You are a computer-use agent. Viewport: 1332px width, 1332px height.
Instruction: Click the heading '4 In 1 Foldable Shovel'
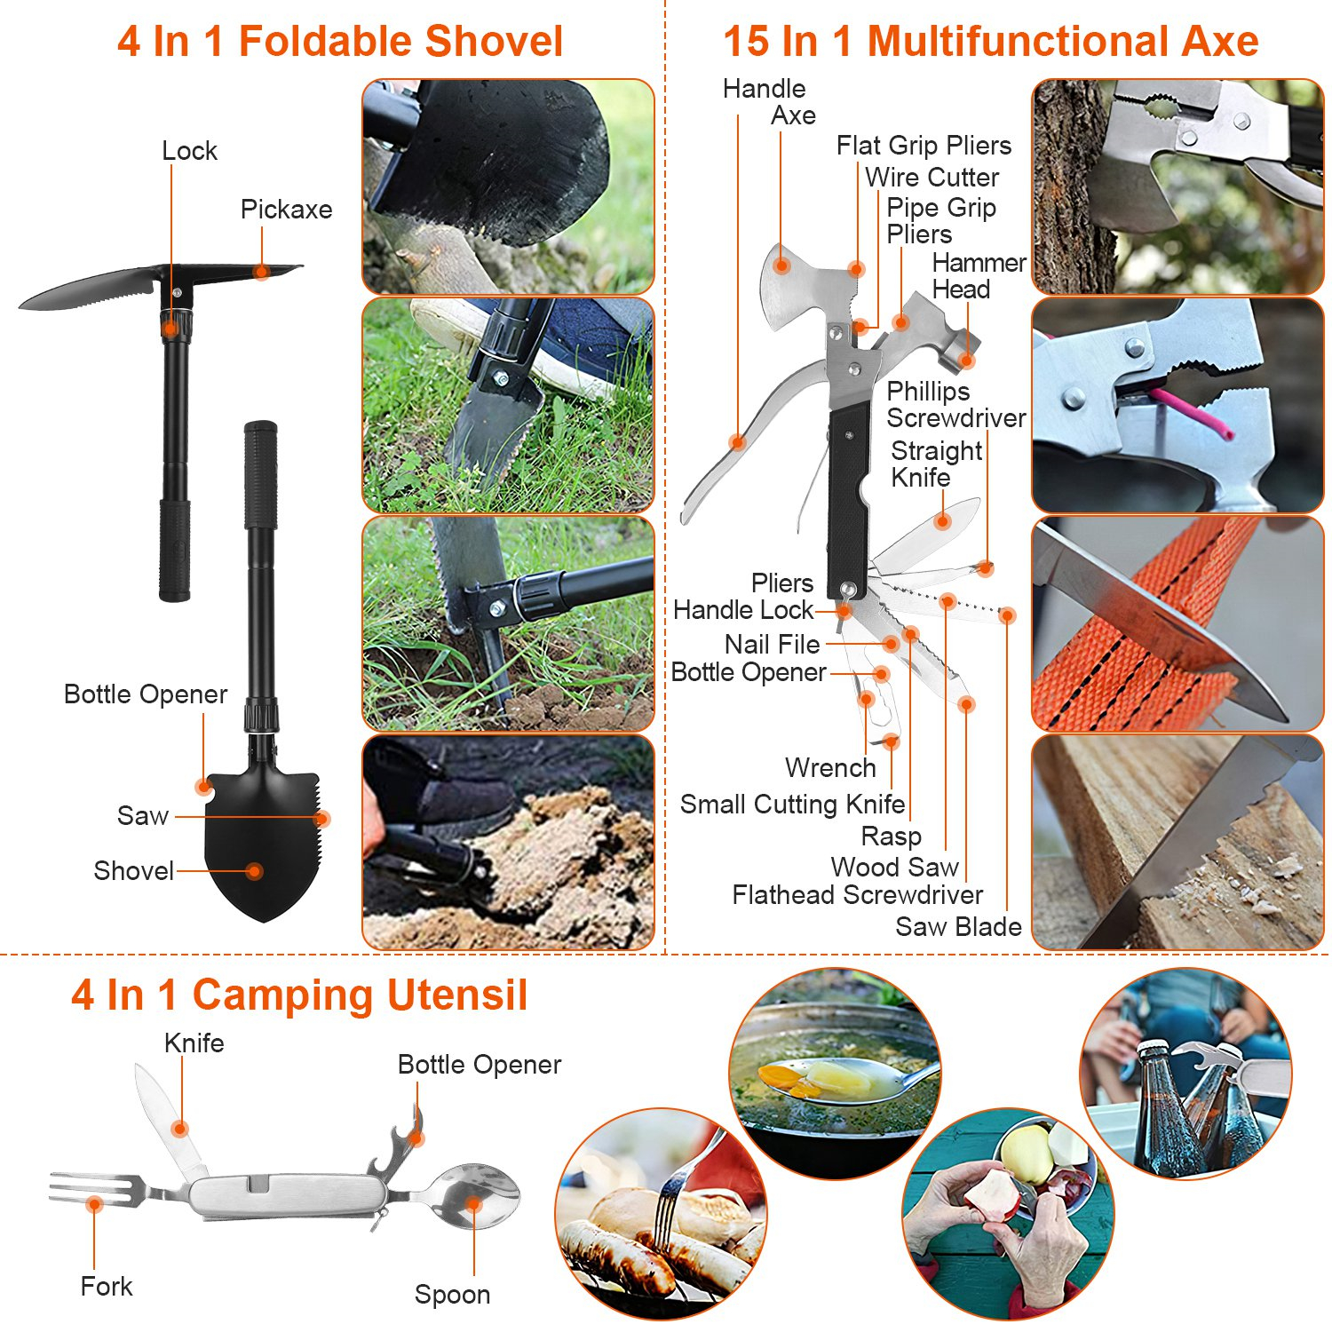340,42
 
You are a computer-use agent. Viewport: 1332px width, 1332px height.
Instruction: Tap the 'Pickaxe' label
286,210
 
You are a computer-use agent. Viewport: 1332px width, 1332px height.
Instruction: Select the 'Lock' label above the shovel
189,151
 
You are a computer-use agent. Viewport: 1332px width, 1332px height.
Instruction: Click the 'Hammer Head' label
979,276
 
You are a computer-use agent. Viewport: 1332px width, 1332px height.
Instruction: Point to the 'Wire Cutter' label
932,178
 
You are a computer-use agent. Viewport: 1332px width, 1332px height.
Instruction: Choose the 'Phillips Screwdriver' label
955,405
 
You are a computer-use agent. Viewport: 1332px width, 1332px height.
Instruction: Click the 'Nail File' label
772,644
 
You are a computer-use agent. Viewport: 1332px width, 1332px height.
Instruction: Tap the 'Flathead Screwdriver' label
857,895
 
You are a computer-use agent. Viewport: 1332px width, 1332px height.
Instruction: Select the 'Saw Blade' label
958,927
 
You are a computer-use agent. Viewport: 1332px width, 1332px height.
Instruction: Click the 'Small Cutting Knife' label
792,805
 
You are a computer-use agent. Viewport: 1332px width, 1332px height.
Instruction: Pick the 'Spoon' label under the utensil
452,1295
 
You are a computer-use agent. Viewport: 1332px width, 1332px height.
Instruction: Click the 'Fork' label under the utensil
106,1287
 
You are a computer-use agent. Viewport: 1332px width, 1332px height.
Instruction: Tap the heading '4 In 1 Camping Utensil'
299,995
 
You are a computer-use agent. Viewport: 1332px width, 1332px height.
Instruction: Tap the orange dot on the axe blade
781,265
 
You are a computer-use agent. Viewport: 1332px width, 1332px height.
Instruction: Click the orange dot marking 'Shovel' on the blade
255,871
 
